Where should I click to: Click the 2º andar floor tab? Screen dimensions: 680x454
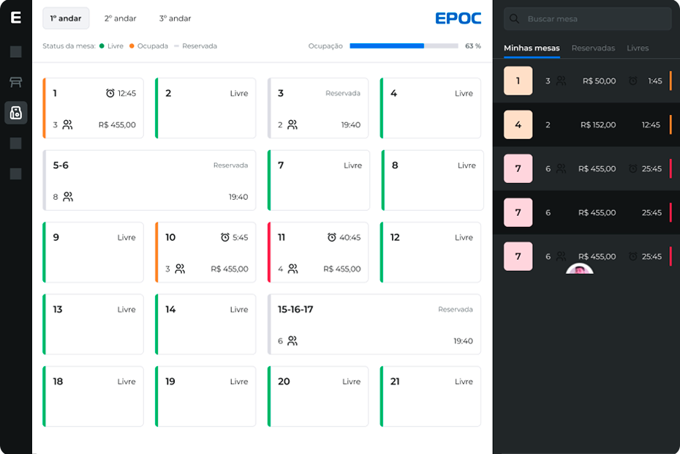point(120,18)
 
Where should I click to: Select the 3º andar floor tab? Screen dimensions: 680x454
point(175,18)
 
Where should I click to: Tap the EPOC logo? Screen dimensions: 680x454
point(458,18)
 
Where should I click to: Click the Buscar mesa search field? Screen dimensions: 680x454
point(588,19)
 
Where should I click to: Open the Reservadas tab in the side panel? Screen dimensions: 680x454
point(593,48)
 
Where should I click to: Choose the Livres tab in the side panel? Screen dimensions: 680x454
point(638,48)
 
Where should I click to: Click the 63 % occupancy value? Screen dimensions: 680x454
point(472,46)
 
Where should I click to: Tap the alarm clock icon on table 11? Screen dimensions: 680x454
point(332,237)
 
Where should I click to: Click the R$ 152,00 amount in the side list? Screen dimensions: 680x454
point(598,124)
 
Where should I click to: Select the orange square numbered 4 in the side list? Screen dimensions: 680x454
point(518,124)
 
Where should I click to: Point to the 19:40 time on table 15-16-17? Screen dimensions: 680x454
point(463,341)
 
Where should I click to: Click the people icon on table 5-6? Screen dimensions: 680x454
point(68,197)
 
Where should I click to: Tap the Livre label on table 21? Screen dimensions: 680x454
point(464,382)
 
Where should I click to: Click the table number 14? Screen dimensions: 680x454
point(170,309)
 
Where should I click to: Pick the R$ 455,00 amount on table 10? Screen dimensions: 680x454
point(230,269)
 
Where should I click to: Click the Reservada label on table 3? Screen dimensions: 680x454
point(343,93)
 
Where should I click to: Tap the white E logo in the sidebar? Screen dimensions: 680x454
point(16,18)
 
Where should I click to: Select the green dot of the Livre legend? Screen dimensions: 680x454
point(102,46)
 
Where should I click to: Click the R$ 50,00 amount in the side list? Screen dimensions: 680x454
point(599,81)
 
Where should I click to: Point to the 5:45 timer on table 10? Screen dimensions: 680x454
point(241,237)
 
